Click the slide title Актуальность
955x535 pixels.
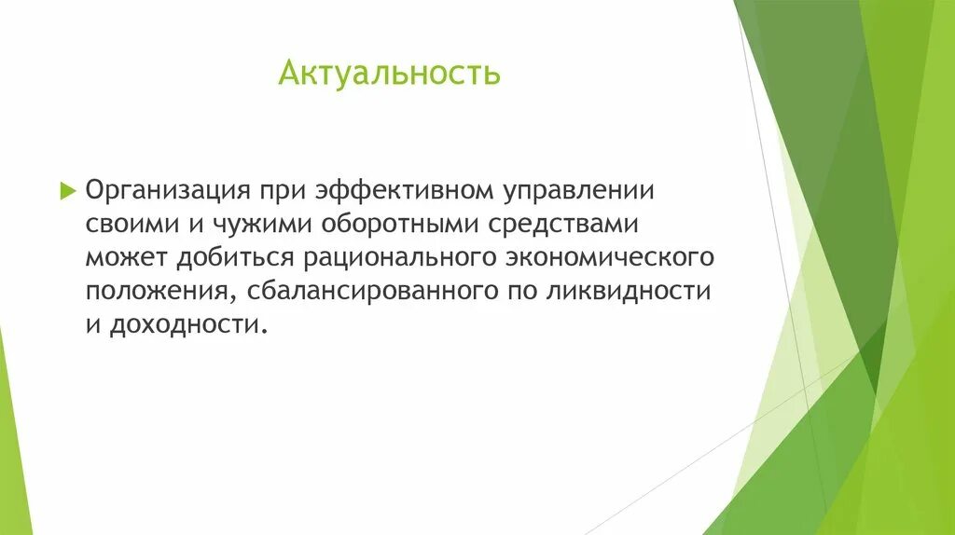click(389, 74)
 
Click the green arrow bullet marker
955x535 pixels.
click(66, 190)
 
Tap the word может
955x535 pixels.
click(125, 258)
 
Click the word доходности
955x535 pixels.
click(189, 325)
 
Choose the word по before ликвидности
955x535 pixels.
click(520, 292)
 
